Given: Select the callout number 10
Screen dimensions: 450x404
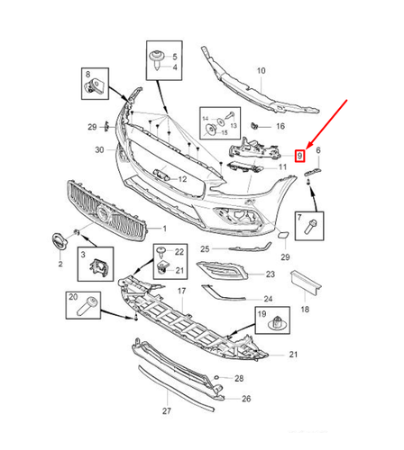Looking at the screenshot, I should coord(261,70).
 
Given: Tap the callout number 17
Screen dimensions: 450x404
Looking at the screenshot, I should coord(180,291).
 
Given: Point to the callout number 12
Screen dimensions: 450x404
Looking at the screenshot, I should coord(181,179).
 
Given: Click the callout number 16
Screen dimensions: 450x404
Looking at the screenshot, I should coord(280,126).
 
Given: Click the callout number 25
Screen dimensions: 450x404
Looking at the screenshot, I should coord(204,248).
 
